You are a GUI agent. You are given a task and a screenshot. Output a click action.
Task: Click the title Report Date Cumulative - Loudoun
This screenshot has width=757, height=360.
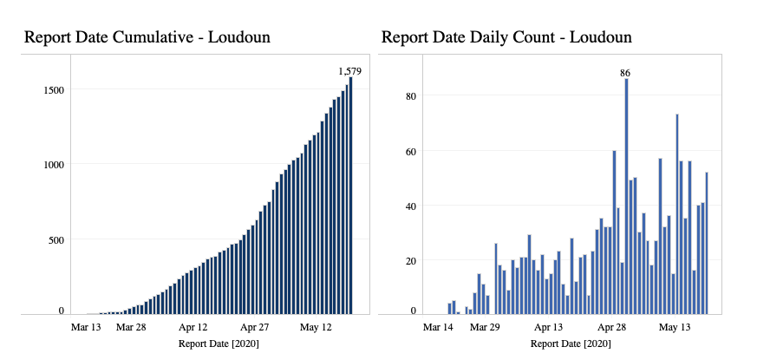147,37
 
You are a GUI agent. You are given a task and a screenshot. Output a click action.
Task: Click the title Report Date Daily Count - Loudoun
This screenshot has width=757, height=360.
506,37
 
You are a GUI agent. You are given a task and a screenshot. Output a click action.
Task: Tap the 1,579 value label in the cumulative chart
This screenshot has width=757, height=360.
350,70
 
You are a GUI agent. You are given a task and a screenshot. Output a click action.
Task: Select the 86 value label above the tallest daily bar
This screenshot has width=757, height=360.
625,73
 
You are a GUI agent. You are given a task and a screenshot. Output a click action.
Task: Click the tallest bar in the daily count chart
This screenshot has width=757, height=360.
626,195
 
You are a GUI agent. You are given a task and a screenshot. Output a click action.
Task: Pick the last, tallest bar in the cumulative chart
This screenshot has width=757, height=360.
351,195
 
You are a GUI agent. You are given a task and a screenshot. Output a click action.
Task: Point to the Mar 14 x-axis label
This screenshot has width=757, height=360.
439,328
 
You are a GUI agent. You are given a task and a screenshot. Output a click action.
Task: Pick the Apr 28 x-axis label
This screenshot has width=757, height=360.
612,328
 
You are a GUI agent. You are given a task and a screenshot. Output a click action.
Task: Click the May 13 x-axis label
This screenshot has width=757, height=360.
675,328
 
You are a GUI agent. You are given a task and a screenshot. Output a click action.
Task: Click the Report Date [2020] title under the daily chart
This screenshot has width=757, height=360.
570,344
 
